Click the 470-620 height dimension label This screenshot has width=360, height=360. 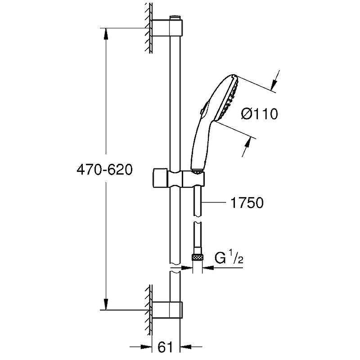coord(105,170)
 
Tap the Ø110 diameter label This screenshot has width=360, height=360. coord(260,114)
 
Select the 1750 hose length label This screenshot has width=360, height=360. coord(247,202)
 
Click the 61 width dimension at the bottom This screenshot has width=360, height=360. coord(165,347)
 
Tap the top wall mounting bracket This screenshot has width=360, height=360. coord(167,28)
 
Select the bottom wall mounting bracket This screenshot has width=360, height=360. coord(167,310)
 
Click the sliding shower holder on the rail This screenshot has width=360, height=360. coord(178,179)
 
